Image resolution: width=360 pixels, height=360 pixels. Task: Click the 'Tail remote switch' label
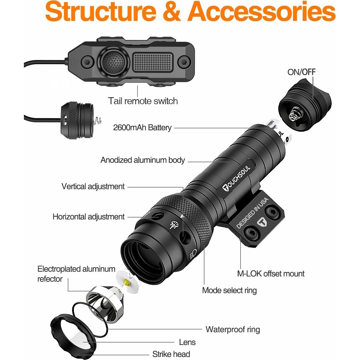click(143, 101)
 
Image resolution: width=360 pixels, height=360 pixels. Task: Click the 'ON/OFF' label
click(301, 72)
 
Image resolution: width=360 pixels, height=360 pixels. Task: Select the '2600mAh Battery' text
click(142, 127)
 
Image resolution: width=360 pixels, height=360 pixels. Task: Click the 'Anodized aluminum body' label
click(142, 160)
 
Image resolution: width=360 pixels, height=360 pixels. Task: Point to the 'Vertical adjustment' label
click(93, 186)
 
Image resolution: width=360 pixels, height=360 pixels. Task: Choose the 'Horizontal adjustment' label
click(89, 217)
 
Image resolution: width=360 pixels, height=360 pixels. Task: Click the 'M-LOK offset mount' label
click(271, 274)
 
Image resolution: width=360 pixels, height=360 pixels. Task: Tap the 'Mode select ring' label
click(229, 290)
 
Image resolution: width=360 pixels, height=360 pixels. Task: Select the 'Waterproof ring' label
click(233, 329)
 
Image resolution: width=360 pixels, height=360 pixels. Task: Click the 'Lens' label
click(187, 342)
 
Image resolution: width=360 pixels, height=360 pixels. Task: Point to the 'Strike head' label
click(171, 354)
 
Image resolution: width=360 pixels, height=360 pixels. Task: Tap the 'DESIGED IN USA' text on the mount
click(252, 213)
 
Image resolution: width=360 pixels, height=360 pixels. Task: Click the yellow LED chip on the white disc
click(127, 283)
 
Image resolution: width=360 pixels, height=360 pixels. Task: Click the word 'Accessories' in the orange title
click(262, 12)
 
